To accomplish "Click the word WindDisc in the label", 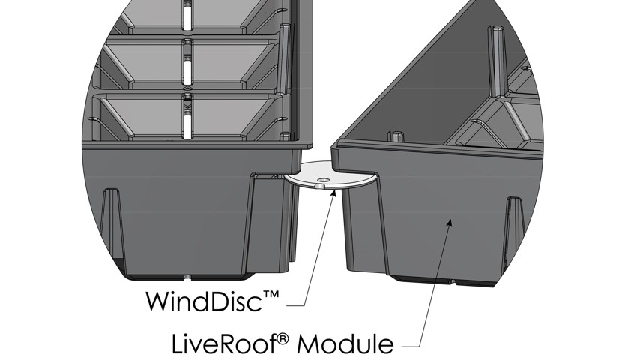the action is (x=204, y=301).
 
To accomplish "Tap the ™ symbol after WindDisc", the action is (x=271, y=295).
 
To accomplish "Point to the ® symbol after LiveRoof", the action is (x=283, y=340).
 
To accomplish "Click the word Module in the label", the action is (x=345, y=344).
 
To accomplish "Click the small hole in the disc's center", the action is (x=323, y=181).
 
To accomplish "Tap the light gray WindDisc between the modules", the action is (x=332, y=175).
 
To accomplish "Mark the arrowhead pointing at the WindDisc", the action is (x=333, y=193).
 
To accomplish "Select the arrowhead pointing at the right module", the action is (x=450, y=223).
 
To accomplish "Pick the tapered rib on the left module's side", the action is (x=112, y=229).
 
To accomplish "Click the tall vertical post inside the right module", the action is (x=497, y=61).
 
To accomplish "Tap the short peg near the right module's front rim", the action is (x=396, y=136).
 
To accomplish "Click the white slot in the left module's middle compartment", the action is (x=187, y=63).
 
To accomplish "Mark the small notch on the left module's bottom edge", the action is (x=188, y=276).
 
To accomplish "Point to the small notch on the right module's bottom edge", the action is (x=452, y=282).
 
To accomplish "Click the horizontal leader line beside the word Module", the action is (x=411, y=346).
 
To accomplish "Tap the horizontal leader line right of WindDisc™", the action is (x=296, y=307).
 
